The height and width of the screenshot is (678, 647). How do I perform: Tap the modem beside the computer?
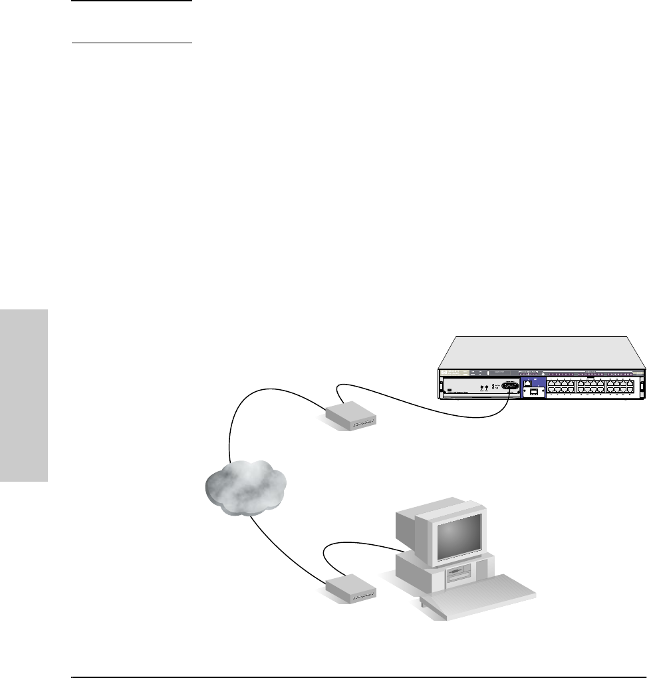pos(351,588)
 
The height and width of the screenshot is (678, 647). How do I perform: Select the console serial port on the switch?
pos(510,386)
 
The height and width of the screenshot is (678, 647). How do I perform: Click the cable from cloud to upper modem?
pos(266,399)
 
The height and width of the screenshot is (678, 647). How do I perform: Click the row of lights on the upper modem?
pos(364,423)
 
